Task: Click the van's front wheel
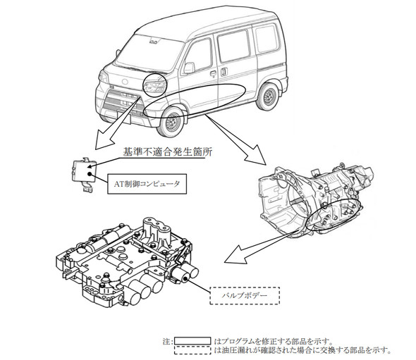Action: [x=171, y=122]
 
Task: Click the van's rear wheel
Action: [x=268, y=97]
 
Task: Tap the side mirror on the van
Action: [x=190, y=68]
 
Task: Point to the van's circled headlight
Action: [x=154, y=85]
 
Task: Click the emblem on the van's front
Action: [x=125, y=82]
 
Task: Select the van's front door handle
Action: [x=213, y=73]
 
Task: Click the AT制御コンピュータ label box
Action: [x=147, y=184]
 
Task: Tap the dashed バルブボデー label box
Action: [x=245, y=296]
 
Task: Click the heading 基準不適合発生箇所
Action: [x=167, y=152]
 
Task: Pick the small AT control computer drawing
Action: [x=83, y=174]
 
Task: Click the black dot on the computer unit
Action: [x=90, y=174]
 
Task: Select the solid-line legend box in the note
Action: [x=192, y=341]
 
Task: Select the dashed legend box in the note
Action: [x=192, y=350]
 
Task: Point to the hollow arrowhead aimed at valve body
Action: [x=235, y=254]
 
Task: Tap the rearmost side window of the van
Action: [x=267, y=38]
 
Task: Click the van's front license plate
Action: [x=123, y=117]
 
